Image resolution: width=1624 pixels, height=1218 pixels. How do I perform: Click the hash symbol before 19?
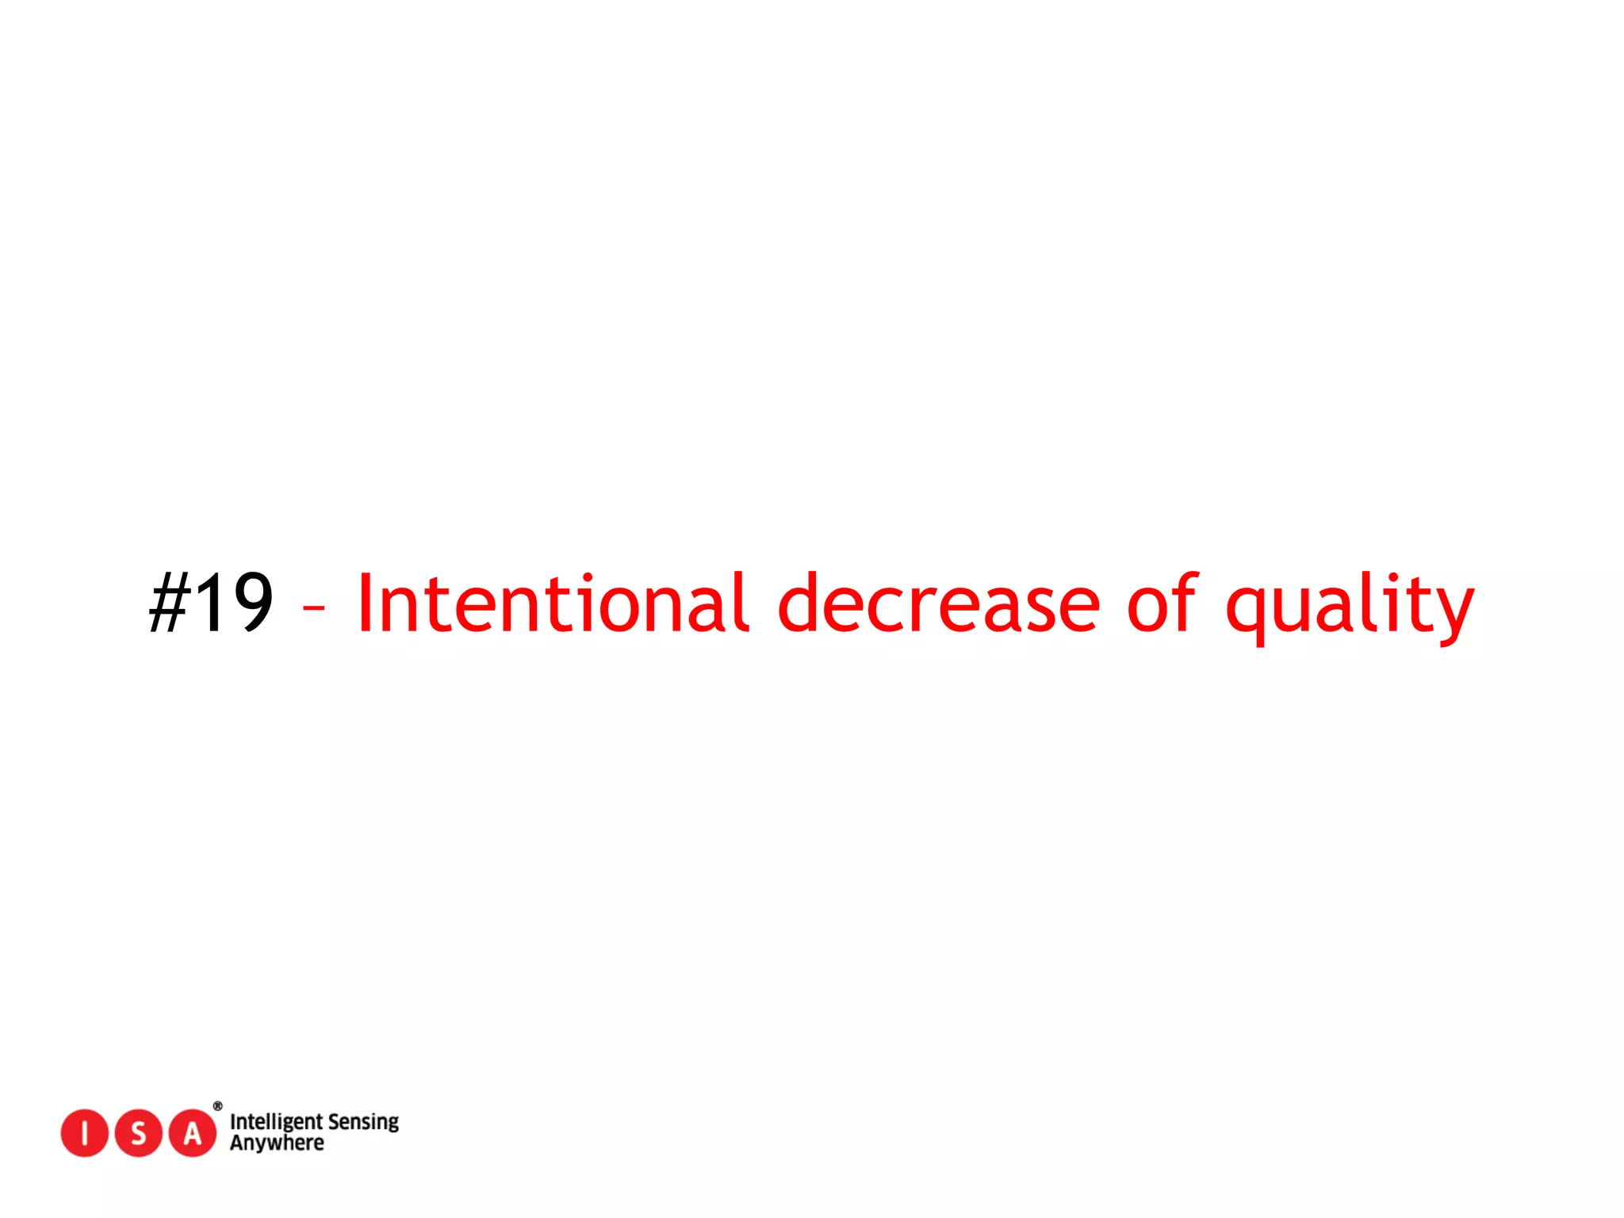pos(169,603)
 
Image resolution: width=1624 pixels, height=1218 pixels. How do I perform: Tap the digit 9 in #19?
pos(248,603)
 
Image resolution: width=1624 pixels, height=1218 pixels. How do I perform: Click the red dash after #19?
pos(314,608)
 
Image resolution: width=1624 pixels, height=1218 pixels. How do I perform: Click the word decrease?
pos(939,605)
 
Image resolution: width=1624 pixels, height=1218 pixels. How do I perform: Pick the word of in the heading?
pos(1162,603)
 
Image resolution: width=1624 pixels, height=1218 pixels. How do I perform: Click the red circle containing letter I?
pos(84,1133)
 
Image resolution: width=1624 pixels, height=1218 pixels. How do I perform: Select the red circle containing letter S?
pos(139,1133)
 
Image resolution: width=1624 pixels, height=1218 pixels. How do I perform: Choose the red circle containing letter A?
pos(193,1133)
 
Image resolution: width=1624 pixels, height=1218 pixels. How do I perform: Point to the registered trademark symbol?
pos(218,1106)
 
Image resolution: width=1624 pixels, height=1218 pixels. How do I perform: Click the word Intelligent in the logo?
pos(275,1122)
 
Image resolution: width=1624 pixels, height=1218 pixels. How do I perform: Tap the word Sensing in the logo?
pos(363,1122)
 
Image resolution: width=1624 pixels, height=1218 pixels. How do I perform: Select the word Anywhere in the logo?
pos(277,1143)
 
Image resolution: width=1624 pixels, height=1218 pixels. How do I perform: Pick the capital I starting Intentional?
pos(366,603)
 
